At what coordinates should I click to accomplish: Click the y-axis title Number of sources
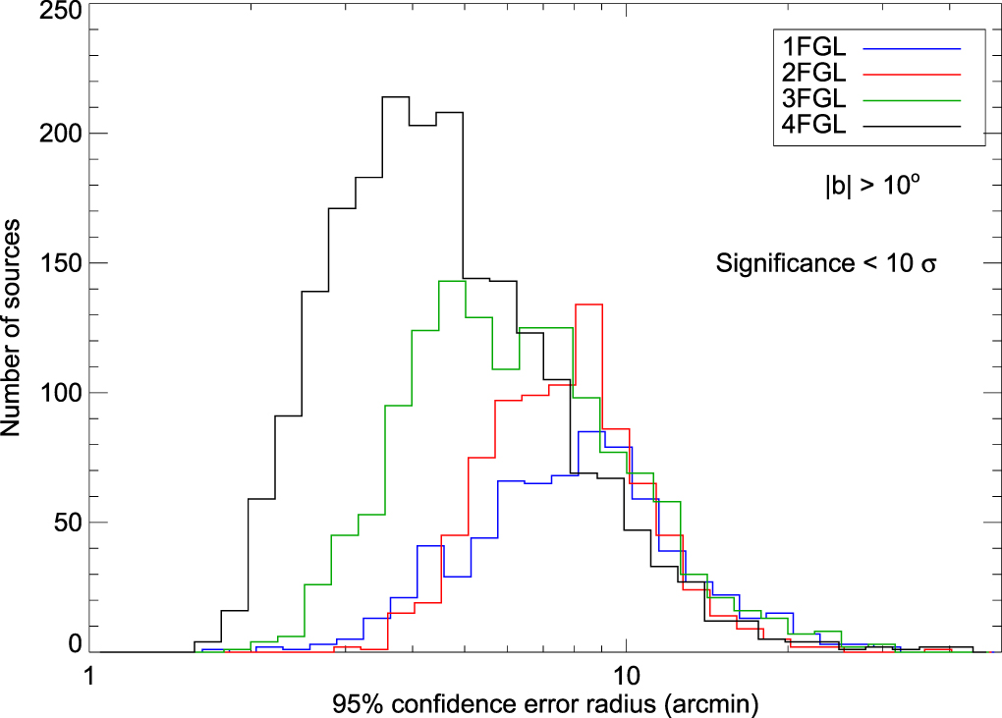click(16, 328)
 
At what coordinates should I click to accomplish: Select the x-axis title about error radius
click(545, 704)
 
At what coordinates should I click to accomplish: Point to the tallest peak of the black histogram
click(395, 97)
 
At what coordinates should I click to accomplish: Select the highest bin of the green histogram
click(451, 281)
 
